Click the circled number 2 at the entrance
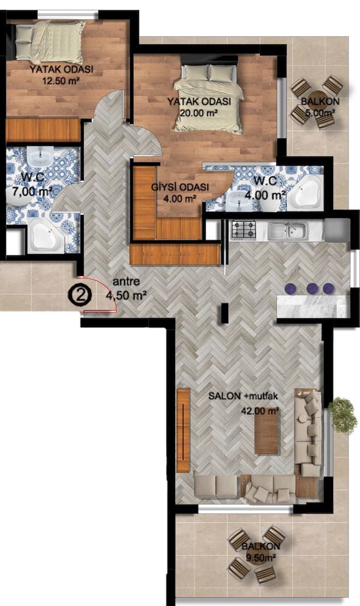point(80,295)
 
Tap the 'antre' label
point(126,282)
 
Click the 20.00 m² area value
point(199,113)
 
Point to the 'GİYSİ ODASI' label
point(180,187)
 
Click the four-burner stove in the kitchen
point(243,229)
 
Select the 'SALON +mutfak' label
point(243,396)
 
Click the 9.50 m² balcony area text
point(260,558)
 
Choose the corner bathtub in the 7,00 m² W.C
point(47,235)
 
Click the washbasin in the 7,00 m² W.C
point(40,158)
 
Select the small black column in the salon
point(224,313)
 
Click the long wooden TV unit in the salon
point(183,430)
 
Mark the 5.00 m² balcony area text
point(320,113)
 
